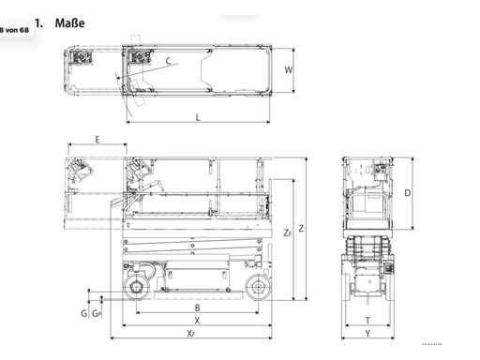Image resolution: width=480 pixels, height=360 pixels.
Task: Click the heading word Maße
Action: (69, 23)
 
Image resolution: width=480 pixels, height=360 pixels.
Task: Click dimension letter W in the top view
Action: (289, 69)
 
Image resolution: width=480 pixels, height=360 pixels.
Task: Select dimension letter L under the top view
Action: (198, 117)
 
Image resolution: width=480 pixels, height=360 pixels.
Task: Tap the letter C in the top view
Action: (169, 61)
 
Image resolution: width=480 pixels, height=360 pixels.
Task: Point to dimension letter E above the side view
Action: (97, 140)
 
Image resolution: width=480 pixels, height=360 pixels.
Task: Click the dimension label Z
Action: (301, 229)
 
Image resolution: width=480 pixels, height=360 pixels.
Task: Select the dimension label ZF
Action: (288, 232)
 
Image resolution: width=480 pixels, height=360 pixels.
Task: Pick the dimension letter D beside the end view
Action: (408, 193)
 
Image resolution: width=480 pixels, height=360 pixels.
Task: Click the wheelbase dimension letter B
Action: (197, 307)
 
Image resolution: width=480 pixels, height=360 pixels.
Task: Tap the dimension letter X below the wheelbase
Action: (197, 321)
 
